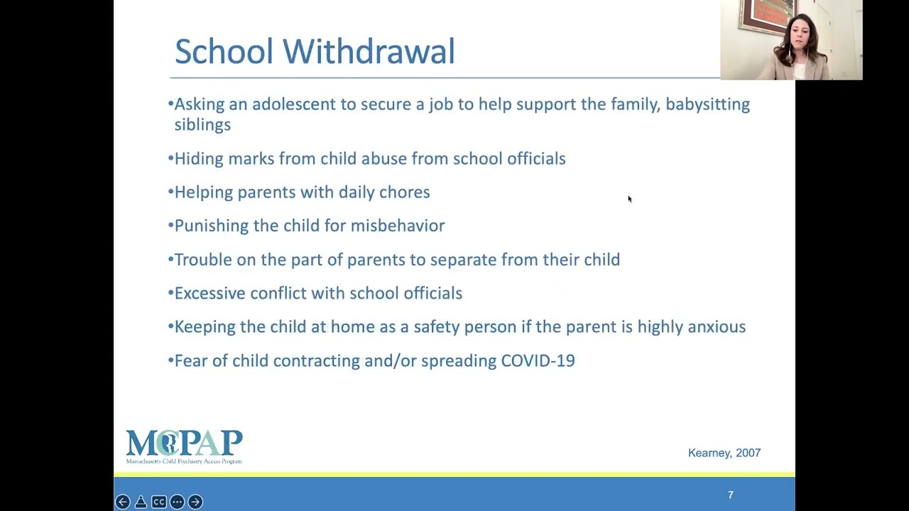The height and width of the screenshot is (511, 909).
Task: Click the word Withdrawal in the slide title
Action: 369,52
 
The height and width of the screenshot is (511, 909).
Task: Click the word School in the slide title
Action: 224,52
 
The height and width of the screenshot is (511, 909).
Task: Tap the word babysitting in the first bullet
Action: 707,104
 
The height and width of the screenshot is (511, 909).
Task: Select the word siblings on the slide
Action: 202,125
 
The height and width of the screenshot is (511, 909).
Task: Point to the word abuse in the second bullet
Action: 384,158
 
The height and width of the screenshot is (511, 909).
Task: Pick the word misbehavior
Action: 398,226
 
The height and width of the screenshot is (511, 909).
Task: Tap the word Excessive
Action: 209,293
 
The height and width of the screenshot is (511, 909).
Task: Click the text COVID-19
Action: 538,361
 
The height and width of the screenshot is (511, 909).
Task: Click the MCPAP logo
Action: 184,447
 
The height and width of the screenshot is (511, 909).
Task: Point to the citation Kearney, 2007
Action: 724,453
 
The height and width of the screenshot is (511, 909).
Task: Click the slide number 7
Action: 731,495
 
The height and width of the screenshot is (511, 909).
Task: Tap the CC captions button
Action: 159,502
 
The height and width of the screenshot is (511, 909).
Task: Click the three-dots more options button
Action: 177,502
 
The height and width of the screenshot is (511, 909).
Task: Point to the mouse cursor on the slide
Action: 629,199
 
